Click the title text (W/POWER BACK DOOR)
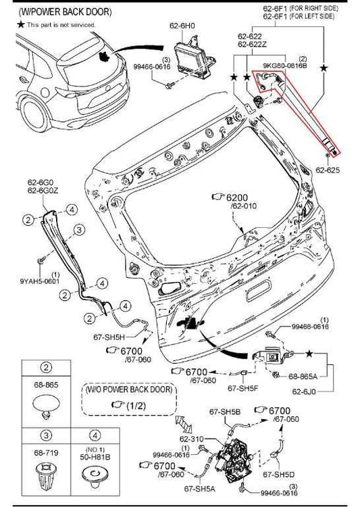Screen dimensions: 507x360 (x=55, y=12)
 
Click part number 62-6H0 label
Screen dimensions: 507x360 (x=183, y=26)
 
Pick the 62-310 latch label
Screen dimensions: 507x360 (x=192, y=438)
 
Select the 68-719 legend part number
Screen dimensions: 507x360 (x=45, y=450)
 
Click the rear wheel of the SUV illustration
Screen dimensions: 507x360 (x=34, y=111)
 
